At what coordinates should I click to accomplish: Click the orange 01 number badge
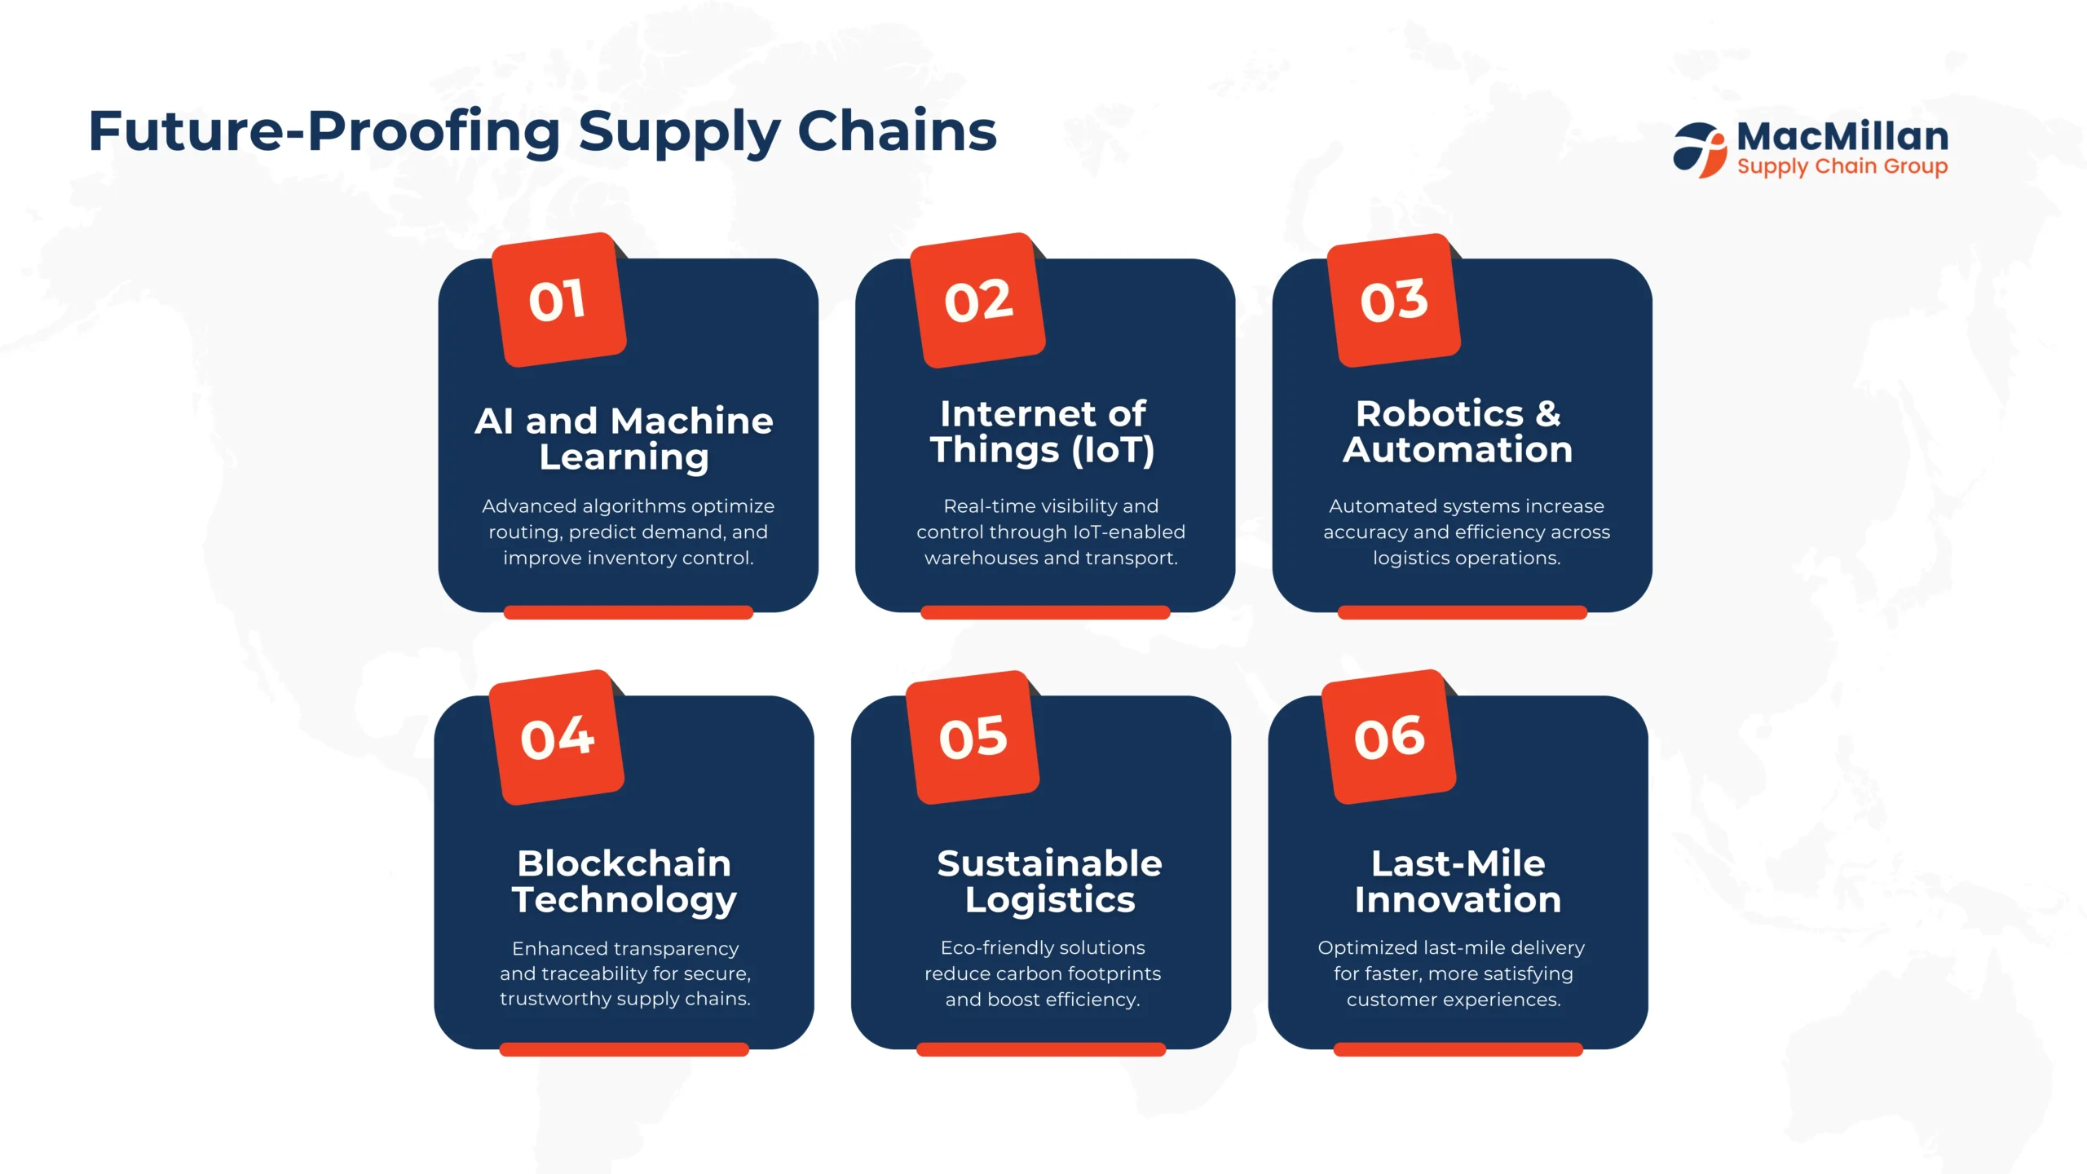click(x=558, y=300)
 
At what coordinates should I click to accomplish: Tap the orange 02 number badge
click(x=977, y=300)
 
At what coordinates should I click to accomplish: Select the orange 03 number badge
click(x=1393, y=300)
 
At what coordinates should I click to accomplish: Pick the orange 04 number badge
click(x=556, y=737)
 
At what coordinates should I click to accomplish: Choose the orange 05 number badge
click(x=973, y=737)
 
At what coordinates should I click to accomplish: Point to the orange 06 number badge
click(x=1388, y=737)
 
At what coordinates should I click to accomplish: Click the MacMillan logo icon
click(x=1700, y=150)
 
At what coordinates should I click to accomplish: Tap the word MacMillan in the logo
click(x=1842, y=136)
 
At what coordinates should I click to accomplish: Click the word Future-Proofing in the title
click(x=324, y=131)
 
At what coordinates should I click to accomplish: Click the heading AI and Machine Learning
click(x=624, y=439)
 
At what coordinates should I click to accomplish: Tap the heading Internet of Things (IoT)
click(x=1043, y=432)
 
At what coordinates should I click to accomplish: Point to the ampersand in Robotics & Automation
click(x=1548, y=414)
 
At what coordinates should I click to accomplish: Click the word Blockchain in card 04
click(x=624, y=863)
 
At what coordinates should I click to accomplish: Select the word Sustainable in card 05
click(x=1049, y=863)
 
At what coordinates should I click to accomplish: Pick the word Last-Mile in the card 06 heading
click(x=1458, y=863)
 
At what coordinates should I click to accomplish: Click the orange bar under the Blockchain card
click(x=624, y=1049)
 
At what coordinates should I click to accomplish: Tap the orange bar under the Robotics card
click(x=1462, y=612)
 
